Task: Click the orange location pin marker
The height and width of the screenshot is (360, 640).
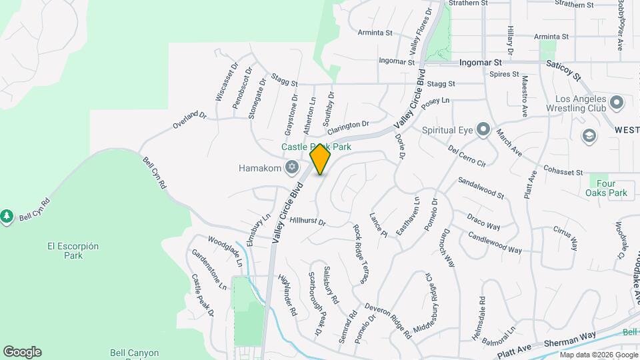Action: point(321,159)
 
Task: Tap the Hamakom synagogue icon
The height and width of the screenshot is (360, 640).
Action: point(291,167)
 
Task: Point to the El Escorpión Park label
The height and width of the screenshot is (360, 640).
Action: point(73,251)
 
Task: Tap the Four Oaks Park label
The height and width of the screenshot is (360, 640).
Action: point(608,188)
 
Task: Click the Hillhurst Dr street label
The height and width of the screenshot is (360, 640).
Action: point(307,221)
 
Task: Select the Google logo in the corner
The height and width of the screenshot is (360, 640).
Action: point(22,351)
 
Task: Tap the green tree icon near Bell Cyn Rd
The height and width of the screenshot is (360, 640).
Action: point(7,217)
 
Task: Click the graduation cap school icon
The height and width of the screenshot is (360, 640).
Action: point(589,136)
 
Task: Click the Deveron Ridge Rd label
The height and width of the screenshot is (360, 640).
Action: point(388,321)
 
